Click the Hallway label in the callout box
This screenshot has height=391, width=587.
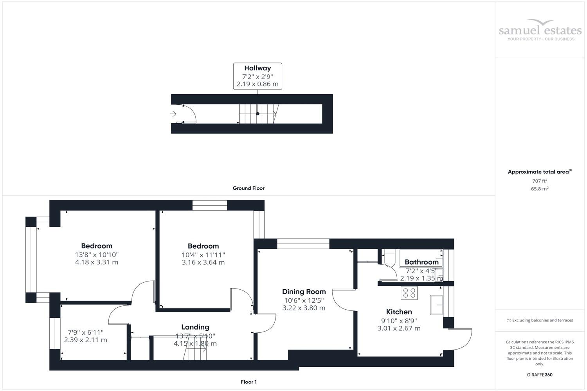257,68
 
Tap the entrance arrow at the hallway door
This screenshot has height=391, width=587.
173,114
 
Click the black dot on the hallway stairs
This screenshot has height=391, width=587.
257,114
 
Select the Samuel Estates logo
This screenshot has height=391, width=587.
540,30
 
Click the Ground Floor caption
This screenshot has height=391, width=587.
248,188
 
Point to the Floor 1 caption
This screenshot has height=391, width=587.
248,382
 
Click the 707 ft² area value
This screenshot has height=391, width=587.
540,181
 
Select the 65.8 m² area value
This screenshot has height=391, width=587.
540,188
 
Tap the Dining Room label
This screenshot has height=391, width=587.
304,292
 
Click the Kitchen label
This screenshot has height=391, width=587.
399,312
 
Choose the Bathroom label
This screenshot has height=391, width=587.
421,262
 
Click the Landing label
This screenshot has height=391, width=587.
195,327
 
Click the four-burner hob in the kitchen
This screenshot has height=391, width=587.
409,293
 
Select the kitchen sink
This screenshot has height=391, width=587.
436,305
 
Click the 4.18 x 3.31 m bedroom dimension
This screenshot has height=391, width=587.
97,262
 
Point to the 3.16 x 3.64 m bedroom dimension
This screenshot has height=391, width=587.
203,262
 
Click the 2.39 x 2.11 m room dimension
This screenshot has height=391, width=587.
85,340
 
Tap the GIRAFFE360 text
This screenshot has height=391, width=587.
540,375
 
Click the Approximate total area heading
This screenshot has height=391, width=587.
538,172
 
